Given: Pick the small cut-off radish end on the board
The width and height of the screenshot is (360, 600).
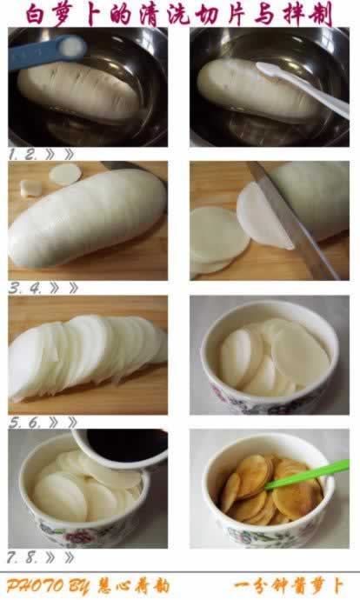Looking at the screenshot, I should click(x=31, y=187).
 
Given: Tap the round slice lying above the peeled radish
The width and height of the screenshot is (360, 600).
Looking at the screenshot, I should click(x=65, y=175).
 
